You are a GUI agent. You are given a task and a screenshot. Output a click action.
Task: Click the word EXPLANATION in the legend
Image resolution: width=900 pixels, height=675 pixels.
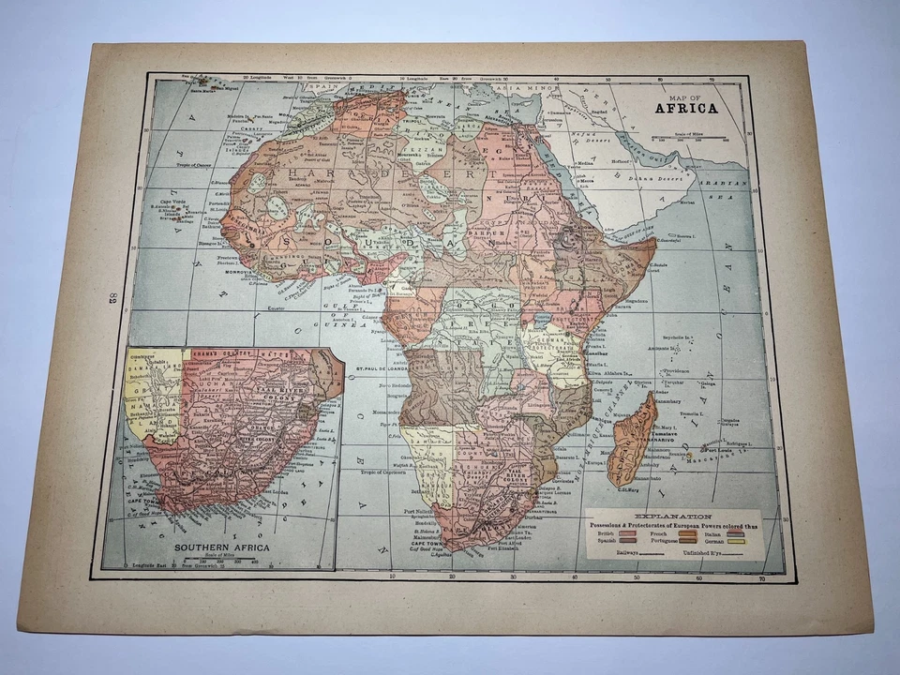pos(673,516)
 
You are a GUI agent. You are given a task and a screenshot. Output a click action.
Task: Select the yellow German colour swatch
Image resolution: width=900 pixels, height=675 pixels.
pos(734,542)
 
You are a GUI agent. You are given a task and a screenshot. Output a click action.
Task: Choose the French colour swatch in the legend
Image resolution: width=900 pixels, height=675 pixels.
pos(679,532)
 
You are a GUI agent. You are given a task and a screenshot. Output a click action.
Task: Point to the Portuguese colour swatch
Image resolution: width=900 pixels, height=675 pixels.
pos(679,542)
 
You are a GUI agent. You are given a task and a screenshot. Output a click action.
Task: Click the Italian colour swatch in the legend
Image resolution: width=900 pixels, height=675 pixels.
pos(734,532)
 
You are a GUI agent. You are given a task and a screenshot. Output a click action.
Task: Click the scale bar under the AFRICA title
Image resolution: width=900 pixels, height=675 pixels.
pos(693,138)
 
